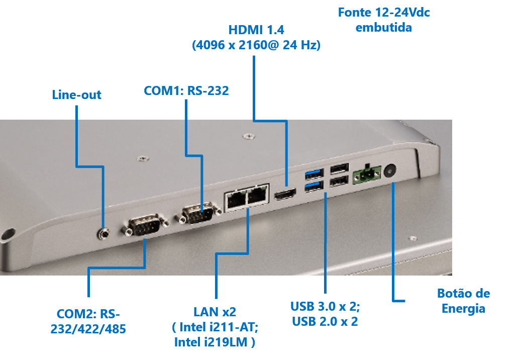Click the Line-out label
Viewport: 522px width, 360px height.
[x=76, y=95]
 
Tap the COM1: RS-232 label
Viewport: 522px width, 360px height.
[x=186, y=91]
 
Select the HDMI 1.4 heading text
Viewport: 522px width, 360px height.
[x=256, y=30]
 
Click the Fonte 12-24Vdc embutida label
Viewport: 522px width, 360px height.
[x=384, y=20]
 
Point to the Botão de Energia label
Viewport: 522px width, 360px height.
[x=463, y=301]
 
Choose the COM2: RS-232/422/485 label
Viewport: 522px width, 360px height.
[x=88, y=321]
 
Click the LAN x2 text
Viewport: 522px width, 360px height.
[x=215, y=312]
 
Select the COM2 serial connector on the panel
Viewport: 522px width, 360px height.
[x=146, y=225]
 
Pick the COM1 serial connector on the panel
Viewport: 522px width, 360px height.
[x=198, y=214]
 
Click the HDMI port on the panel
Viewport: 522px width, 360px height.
[x=285, y=194]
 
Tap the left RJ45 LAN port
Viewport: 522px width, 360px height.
[x=236, y=200]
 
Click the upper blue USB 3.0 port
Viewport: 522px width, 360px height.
[x=314, y=174]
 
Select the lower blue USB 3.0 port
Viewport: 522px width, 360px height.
[x=314, y=186]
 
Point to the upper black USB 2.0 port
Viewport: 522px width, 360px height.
[x=340, y=168]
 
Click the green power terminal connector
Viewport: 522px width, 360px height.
[x=367, y=174]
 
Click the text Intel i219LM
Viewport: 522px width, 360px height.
[x=211, y=342]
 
